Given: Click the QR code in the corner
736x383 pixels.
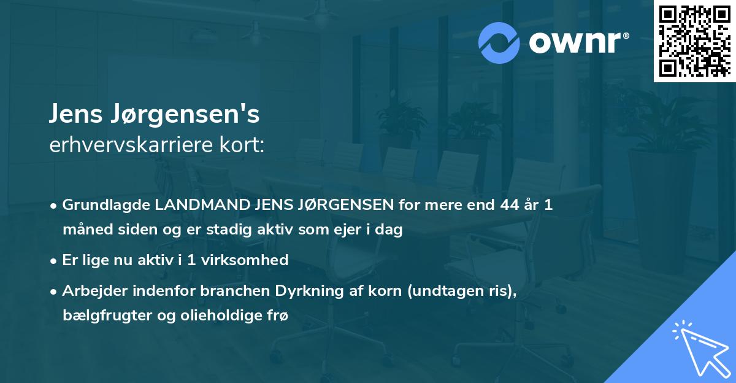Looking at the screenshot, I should click(694, 41).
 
